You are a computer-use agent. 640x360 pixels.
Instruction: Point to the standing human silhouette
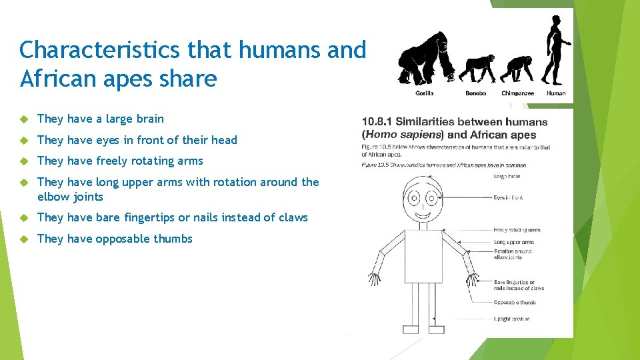555,50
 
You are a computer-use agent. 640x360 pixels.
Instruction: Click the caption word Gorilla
424,93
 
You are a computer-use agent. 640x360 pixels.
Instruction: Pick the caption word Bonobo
475,93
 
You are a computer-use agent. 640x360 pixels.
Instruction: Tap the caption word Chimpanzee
517,93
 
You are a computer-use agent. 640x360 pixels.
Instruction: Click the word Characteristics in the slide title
101,49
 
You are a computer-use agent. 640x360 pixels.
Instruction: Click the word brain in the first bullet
150,119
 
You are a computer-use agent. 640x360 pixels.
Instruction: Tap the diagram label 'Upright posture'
512,319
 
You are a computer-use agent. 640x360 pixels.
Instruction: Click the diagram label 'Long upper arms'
513,242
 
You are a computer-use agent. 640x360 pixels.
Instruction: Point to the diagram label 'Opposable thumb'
515,303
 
